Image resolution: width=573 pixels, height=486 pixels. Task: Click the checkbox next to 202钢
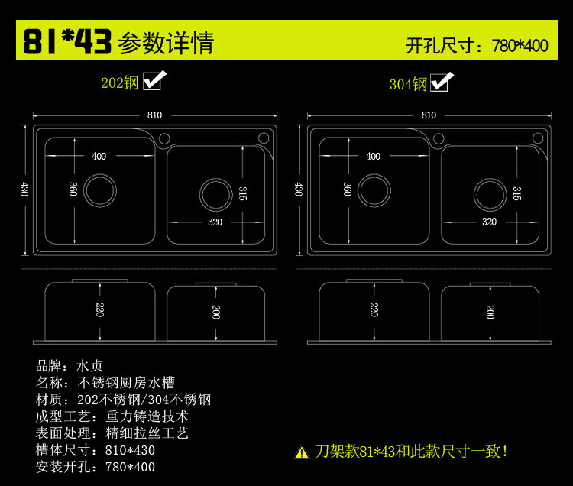(x=155, y=81)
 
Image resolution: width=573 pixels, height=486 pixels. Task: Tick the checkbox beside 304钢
(x=441, y=83)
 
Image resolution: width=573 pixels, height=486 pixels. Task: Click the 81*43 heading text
(x=67, y=42)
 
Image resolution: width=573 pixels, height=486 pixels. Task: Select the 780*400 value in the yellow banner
(x=520, y=45)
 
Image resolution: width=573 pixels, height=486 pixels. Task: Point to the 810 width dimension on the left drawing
(x=154, y=115)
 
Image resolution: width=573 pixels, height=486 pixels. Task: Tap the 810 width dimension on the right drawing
(x=429, y=115)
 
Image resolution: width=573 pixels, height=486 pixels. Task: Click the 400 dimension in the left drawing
(x=99, y=156)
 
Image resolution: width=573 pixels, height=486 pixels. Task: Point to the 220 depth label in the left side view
(x=99, y=309)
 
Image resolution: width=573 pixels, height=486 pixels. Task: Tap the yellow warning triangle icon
(x=302, y=452)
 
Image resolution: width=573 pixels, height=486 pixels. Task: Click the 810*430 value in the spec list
(x=130, y=450)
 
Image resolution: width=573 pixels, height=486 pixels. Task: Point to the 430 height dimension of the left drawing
(x=24, y=189)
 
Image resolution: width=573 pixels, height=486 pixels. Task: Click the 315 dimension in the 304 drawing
(x=517, y=193)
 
